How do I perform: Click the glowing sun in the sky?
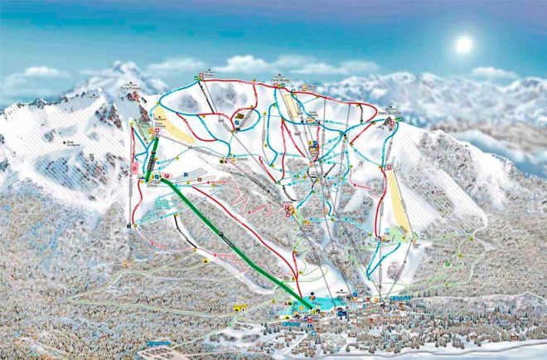[x=463, y=44]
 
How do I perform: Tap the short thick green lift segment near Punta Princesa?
[x=152, y=158]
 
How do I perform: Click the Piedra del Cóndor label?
[x=389, y=106]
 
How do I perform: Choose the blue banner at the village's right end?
[x=401, y=297]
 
